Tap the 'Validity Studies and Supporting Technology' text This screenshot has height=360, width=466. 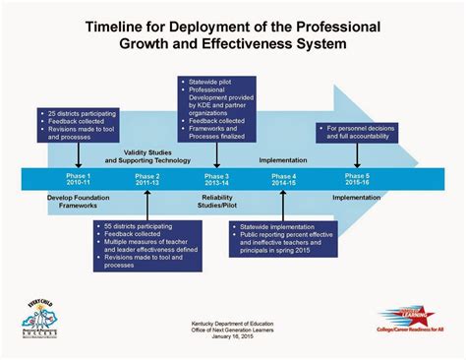(148, 154)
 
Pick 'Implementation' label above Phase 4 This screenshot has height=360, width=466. (283, 158)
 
